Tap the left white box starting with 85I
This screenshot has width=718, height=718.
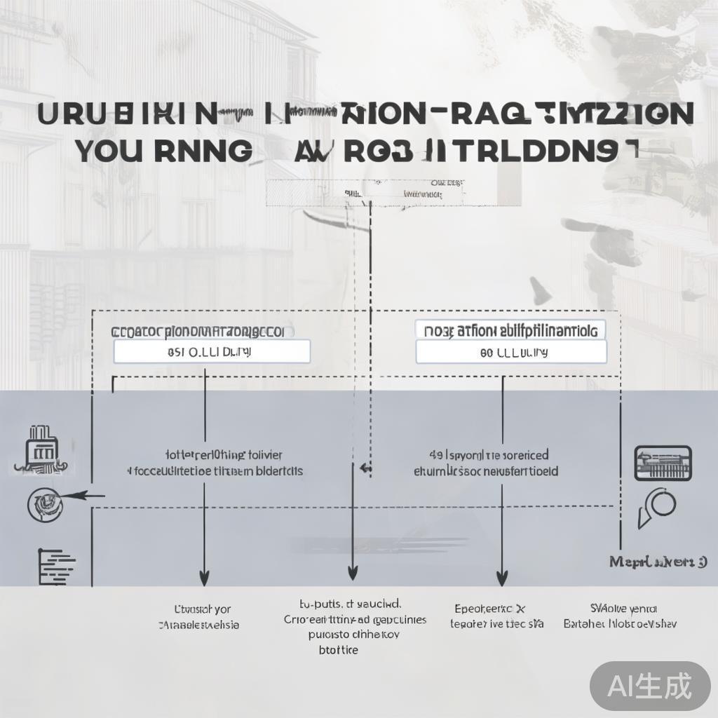(211, 351)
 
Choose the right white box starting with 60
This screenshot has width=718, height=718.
(510, 353)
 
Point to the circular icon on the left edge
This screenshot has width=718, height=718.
(41, 502)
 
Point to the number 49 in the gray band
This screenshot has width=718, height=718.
(435, 455)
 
